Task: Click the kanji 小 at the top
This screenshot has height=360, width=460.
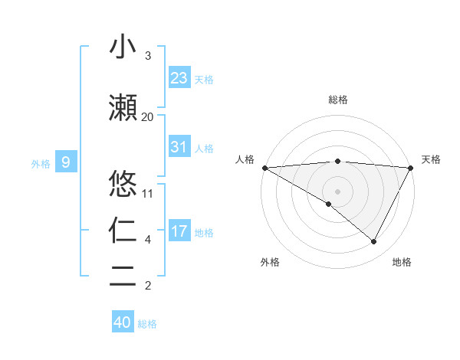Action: click(x=123, y=47)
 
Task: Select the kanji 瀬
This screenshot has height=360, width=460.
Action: click(x=123, y=109)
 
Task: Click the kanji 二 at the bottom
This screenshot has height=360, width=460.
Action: click(x=123, y=276)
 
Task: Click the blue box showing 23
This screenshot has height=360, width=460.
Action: click(x=179, y=78)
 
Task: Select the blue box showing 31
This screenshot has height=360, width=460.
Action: click(x=179, y=147)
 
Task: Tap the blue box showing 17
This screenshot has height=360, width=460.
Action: click(x=179, y=231)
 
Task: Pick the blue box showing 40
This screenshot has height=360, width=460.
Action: click(x=123, y=322)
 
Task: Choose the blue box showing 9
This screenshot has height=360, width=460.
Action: click(x=66, y=162)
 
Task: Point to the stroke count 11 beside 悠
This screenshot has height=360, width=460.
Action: click(x=148, y=193)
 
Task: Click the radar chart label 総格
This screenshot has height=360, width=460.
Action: click(x=338, y=100)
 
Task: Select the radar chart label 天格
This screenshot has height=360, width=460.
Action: click(x=431, y=159)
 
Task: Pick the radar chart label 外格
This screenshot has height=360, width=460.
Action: click(x=270, y=262)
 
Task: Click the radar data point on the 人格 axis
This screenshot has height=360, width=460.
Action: click(x=264, y=168)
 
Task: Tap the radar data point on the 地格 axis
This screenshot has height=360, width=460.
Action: click(x=374, y=242)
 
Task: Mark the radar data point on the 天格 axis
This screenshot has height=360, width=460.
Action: click(x=411, y=168)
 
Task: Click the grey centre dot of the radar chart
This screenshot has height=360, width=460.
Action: click(x=338, y=191)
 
